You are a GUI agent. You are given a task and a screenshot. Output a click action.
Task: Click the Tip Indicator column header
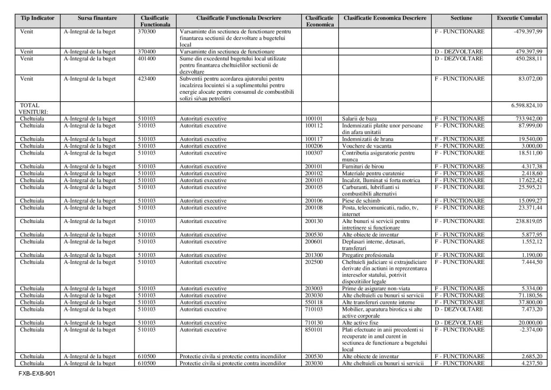37,18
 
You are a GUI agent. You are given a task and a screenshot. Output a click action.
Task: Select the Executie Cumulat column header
519,18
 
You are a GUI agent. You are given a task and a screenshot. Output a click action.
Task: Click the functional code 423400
147,79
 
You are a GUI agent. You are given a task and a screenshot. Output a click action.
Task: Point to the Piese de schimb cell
361,200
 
